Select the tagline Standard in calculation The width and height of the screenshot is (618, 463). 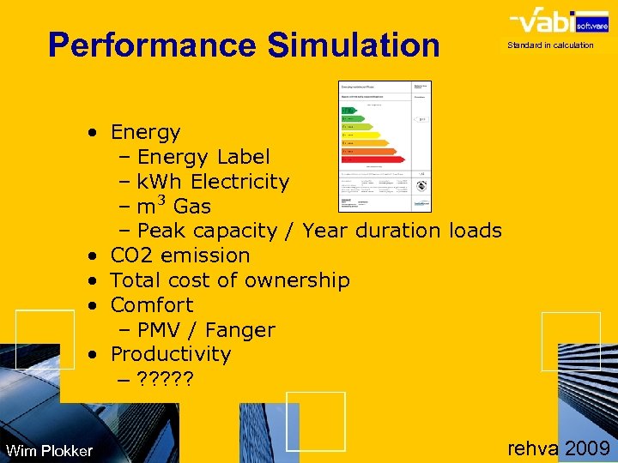coord(550,45)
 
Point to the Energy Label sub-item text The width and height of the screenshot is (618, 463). coord(203,157)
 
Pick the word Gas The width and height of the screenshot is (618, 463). coord(192,207)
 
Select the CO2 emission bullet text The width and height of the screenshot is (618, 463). coord(180,256)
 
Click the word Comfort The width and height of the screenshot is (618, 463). coord(152,305)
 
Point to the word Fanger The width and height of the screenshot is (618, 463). coord(242,330)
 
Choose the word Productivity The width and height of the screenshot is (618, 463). coord(171,354)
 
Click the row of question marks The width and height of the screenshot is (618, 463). coord(166,379)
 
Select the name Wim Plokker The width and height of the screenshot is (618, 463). coord(49,450)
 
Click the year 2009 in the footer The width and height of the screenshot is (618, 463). coord(587,448)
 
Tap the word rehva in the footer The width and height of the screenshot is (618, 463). coord(533,448)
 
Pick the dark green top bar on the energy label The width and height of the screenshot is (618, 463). coord(347,111)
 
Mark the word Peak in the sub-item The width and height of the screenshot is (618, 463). coord(163,231)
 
